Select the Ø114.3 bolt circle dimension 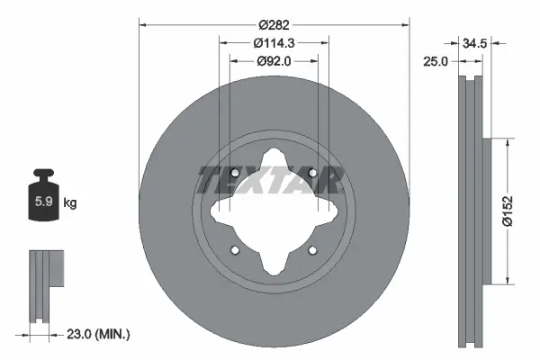(274, 42)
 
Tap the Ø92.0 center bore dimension (274, 61)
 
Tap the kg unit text (70, 203)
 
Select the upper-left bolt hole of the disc (234, 174)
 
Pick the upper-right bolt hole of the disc (312, 174)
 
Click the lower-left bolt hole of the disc (234, 251)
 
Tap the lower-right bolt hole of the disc (312, 251)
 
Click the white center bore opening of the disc (273, 212)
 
